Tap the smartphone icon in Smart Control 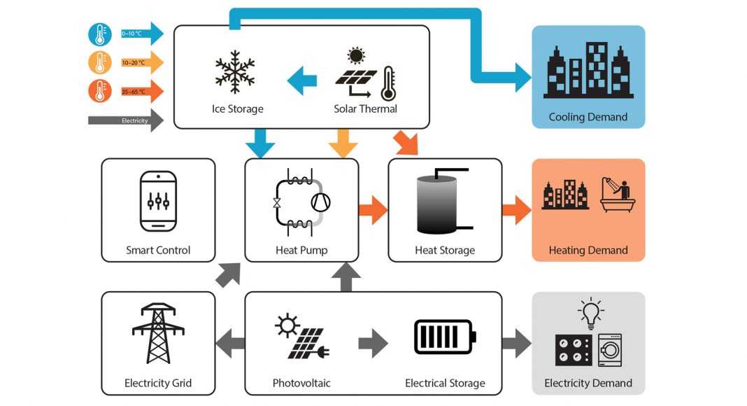(x=157, y=200)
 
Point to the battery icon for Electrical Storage (x=445, y=337)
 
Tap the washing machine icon (x=610, y=349)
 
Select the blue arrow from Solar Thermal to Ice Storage (x=302, y=78)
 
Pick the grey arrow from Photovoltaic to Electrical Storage (x=373, y=343)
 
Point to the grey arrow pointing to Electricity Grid (x=229, y=343)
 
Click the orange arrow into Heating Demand (x=516, y=210)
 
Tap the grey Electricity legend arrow (x=126, y=120)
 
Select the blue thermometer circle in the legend (x=99, y=35)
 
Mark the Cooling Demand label (x=588, y=117)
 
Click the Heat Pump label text (x=301, y=250)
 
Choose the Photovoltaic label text (x=301, y=383)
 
